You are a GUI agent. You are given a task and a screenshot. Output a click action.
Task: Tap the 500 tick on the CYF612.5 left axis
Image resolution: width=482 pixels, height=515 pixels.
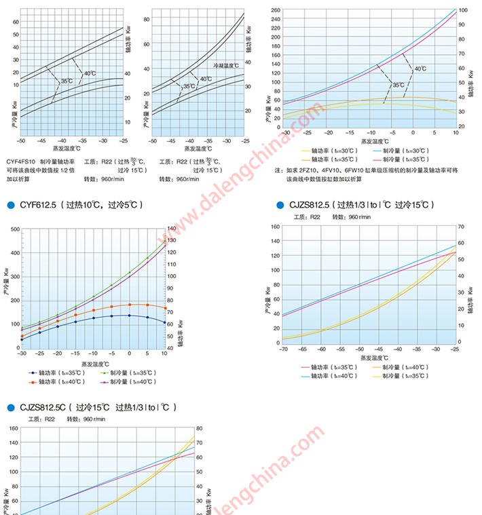15,229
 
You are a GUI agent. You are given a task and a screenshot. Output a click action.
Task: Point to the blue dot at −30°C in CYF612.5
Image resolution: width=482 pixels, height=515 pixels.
22,339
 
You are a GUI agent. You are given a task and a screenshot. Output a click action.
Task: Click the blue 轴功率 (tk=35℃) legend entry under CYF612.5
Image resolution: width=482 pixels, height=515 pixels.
56,373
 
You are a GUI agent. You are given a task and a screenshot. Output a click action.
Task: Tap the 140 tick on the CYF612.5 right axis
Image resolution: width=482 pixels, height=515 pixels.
172,229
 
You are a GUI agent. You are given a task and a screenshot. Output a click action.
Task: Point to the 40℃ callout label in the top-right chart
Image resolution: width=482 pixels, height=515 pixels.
420,69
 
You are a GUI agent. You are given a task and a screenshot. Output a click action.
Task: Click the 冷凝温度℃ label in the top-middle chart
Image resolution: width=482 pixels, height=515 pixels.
227,66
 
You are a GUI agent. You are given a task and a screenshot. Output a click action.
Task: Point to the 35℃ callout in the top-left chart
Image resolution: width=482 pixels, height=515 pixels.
67,81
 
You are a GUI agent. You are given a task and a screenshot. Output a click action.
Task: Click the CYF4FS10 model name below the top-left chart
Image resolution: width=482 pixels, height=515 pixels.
21,161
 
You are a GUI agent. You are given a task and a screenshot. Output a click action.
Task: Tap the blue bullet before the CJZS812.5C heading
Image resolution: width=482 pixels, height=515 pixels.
10,408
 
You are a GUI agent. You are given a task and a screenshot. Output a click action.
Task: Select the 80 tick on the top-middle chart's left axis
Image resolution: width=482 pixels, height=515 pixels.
145,21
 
